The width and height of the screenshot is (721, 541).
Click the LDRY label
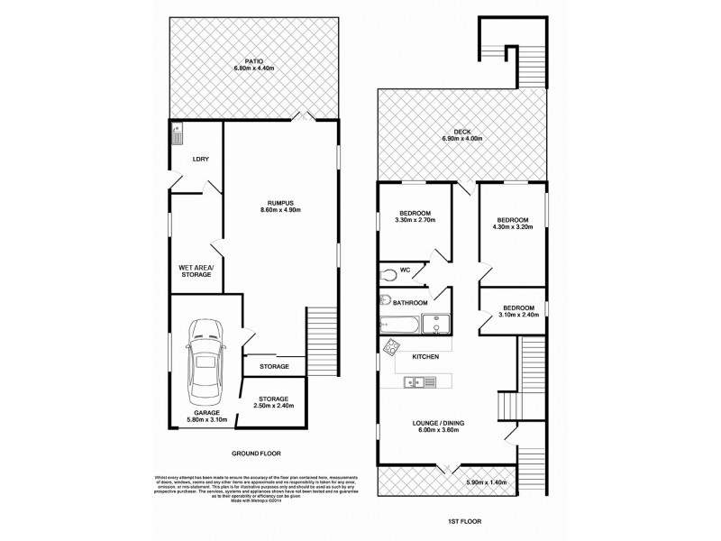tap(201, 160)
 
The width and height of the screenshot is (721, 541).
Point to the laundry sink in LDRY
tap(177, 134)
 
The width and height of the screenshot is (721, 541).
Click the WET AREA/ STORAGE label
tap(195, 270)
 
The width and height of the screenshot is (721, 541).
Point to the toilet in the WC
tap(389, 271)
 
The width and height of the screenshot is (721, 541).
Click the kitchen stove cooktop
tap(392, 347)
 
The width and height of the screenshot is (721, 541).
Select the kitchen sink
tap(420, 382)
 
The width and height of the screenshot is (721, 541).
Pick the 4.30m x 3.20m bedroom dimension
tap(515, 227)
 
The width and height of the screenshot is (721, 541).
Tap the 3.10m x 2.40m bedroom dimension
tap(518, 316)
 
